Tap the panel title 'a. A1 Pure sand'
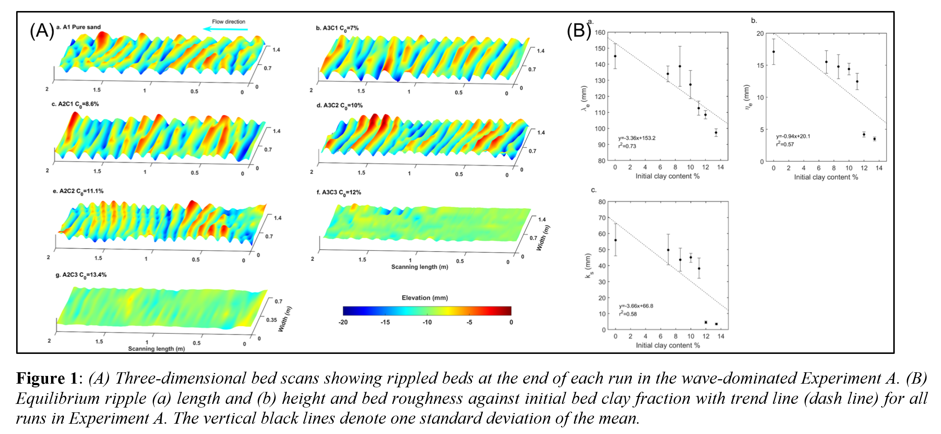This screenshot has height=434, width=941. coord(78,27)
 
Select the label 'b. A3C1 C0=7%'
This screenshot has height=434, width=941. coord(337,28)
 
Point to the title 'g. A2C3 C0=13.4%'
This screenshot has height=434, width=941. coord(81,275)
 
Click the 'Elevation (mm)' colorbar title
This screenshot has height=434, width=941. coord(424,298)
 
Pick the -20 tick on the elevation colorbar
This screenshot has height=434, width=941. coord(343,322)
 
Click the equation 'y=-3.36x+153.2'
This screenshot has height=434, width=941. coord(637,138)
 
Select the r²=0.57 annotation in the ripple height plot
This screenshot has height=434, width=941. coord(785,144)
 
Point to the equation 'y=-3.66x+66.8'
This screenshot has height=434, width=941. coord(636,306)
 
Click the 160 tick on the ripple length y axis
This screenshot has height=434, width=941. coord(600,32)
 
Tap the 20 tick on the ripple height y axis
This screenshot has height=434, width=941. coord(760,33)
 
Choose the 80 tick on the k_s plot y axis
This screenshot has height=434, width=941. coord(602,202)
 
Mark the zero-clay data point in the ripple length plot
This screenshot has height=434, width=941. coord(615,56)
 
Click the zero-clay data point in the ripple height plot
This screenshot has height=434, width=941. coord(774,52)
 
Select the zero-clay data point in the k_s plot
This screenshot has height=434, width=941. coord(616,240)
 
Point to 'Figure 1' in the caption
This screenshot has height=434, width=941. coord(46,379)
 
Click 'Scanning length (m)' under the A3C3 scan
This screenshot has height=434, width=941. coord(419,267)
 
